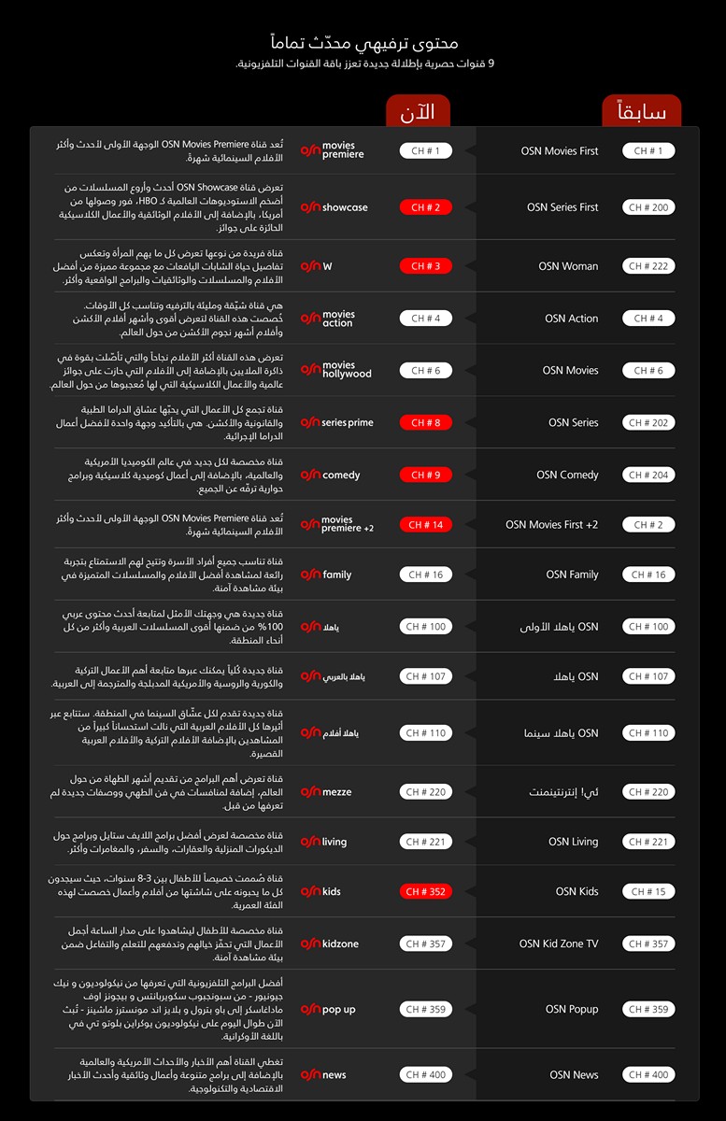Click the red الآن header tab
417,112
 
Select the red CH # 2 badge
426,207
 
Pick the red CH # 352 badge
426,891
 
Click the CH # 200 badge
648,207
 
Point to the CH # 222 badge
648,266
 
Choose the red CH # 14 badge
426,525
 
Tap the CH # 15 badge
648,891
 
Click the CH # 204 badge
648,475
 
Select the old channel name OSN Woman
568,266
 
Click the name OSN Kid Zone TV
559,944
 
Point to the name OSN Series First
562,207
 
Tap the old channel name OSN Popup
572,1009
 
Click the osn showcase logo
334,207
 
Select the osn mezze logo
326,792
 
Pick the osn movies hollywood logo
335,370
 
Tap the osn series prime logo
336,422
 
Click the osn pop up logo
328,1009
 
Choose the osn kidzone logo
329,944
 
